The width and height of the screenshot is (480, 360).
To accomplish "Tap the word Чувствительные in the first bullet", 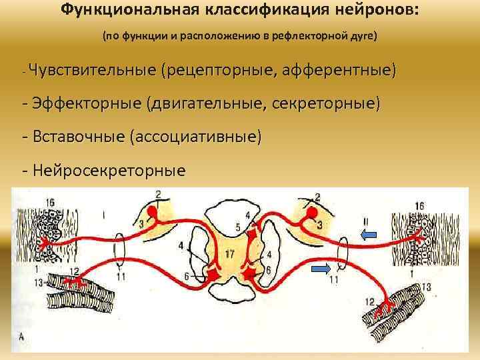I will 93,69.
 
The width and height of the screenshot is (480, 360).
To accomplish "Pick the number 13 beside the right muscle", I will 427,286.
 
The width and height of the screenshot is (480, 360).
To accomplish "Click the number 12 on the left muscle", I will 73,271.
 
